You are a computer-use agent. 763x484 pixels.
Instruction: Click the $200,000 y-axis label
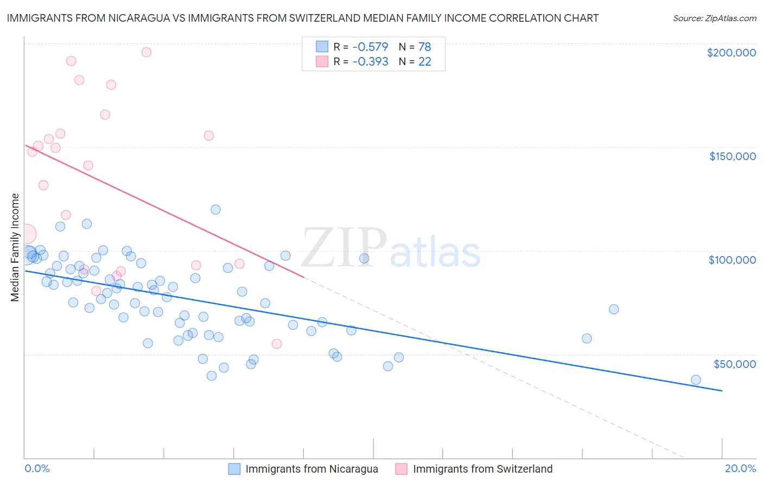point(731,53)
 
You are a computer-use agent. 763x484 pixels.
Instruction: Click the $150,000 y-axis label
point(732,156)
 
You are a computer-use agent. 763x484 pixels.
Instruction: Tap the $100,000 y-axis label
point(732,260)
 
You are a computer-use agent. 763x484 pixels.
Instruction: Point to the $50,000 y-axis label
point(734,364)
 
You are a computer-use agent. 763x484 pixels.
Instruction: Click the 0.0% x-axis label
point(37,468)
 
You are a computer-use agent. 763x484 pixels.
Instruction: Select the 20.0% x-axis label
point(740,468)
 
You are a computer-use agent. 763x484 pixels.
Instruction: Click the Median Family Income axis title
point(15,247)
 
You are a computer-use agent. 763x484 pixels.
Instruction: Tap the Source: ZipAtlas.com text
point(714,18)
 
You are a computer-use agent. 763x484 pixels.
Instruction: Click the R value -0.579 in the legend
point(370,47)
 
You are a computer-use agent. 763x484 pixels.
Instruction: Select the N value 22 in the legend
point(424,62)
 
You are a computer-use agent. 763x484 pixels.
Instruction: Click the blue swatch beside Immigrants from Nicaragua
point(234,469)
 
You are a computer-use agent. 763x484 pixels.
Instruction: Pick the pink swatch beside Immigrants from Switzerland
point(402,469)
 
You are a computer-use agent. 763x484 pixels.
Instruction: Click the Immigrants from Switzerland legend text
point(482,469)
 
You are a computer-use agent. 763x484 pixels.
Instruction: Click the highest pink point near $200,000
point(146,52)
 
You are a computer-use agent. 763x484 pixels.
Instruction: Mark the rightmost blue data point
point(696,380)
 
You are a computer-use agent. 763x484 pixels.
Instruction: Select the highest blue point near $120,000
point(215,209)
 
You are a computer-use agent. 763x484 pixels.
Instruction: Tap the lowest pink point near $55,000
point(276,343)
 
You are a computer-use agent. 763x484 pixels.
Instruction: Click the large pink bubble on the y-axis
point(26,234)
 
